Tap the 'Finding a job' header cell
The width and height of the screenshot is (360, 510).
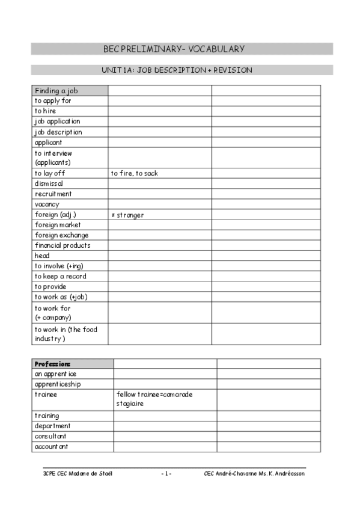tap(56, 91)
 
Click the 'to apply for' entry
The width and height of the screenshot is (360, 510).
tap(53, 101)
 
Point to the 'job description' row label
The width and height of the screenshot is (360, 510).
tap(58, 132)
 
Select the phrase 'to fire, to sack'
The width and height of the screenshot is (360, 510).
tap(134, 173)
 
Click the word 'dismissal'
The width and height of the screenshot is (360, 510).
tap(49, 183)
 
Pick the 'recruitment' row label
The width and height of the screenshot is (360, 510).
tap(53, 194)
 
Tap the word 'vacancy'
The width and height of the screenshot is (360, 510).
tap(47, 204)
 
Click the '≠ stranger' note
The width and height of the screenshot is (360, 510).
tap(127, 215)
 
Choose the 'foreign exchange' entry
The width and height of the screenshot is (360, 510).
tap(61, 235)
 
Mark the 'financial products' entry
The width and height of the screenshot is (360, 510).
tap(63, 245)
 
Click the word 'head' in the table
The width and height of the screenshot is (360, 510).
tap(42, 256)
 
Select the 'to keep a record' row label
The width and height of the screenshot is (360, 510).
tap(60, 276)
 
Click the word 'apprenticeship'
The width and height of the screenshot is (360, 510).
tap(58, 384)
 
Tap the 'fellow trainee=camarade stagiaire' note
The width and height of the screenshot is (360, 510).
tap(154, 399)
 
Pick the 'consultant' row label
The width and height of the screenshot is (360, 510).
tap(50, 436)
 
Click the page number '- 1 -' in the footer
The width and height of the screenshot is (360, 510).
tap(166, 474)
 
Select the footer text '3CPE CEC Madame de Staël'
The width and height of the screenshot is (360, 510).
tap(74, 474)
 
